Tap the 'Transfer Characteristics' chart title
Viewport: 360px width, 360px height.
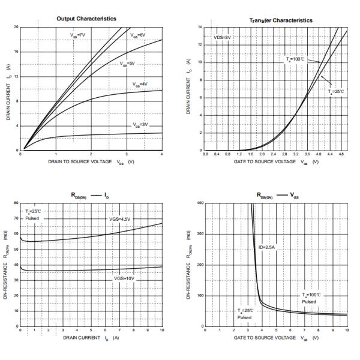280,20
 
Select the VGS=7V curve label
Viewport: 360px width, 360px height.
79,35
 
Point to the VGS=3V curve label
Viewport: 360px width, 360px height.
140,124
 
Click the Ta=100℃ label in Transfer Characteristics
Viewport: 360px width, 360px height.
295,59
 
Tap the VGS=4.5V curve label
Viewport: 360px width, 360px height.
120,220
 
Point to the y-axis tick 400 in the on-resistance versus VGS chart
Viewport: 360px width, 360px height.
200,203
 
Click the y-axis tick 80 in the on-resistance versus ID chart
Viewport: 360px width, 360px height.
16,203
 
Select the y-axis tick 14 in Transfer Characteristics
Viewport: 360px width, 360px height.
200,28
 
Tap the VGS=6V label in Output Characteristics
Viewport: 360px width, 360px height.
139,35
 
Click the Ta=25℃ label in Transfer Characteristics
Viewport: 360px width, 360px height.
337,91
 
